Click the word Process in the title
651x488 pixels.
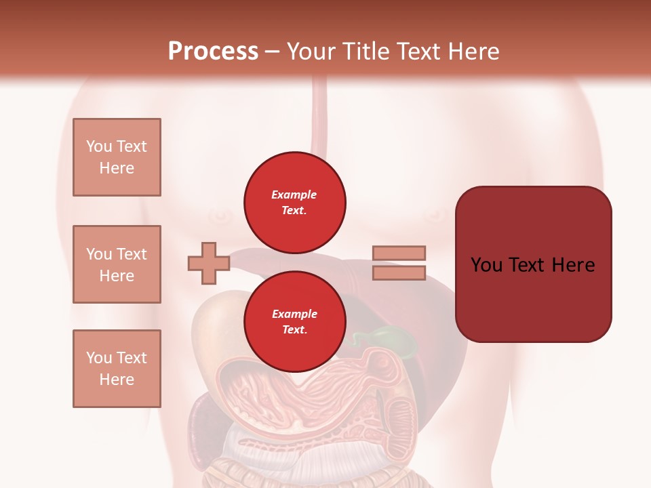pos(213,52)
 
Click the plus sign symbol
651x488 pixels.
pos(208,263)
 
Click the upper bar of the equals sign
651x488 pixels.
pos(399,253)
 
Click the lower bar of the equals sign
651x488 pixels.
pos(399,272)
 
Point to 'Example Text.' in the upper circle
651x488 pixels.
pos(294,203)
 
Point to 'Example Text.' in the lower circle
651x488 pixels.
pos(294,322)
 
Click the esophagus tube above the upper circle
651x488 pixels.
pos(319,115)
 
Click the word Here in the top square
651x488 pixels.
pos(117,168)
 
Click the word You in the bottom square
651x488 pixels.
pos(99,358)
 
